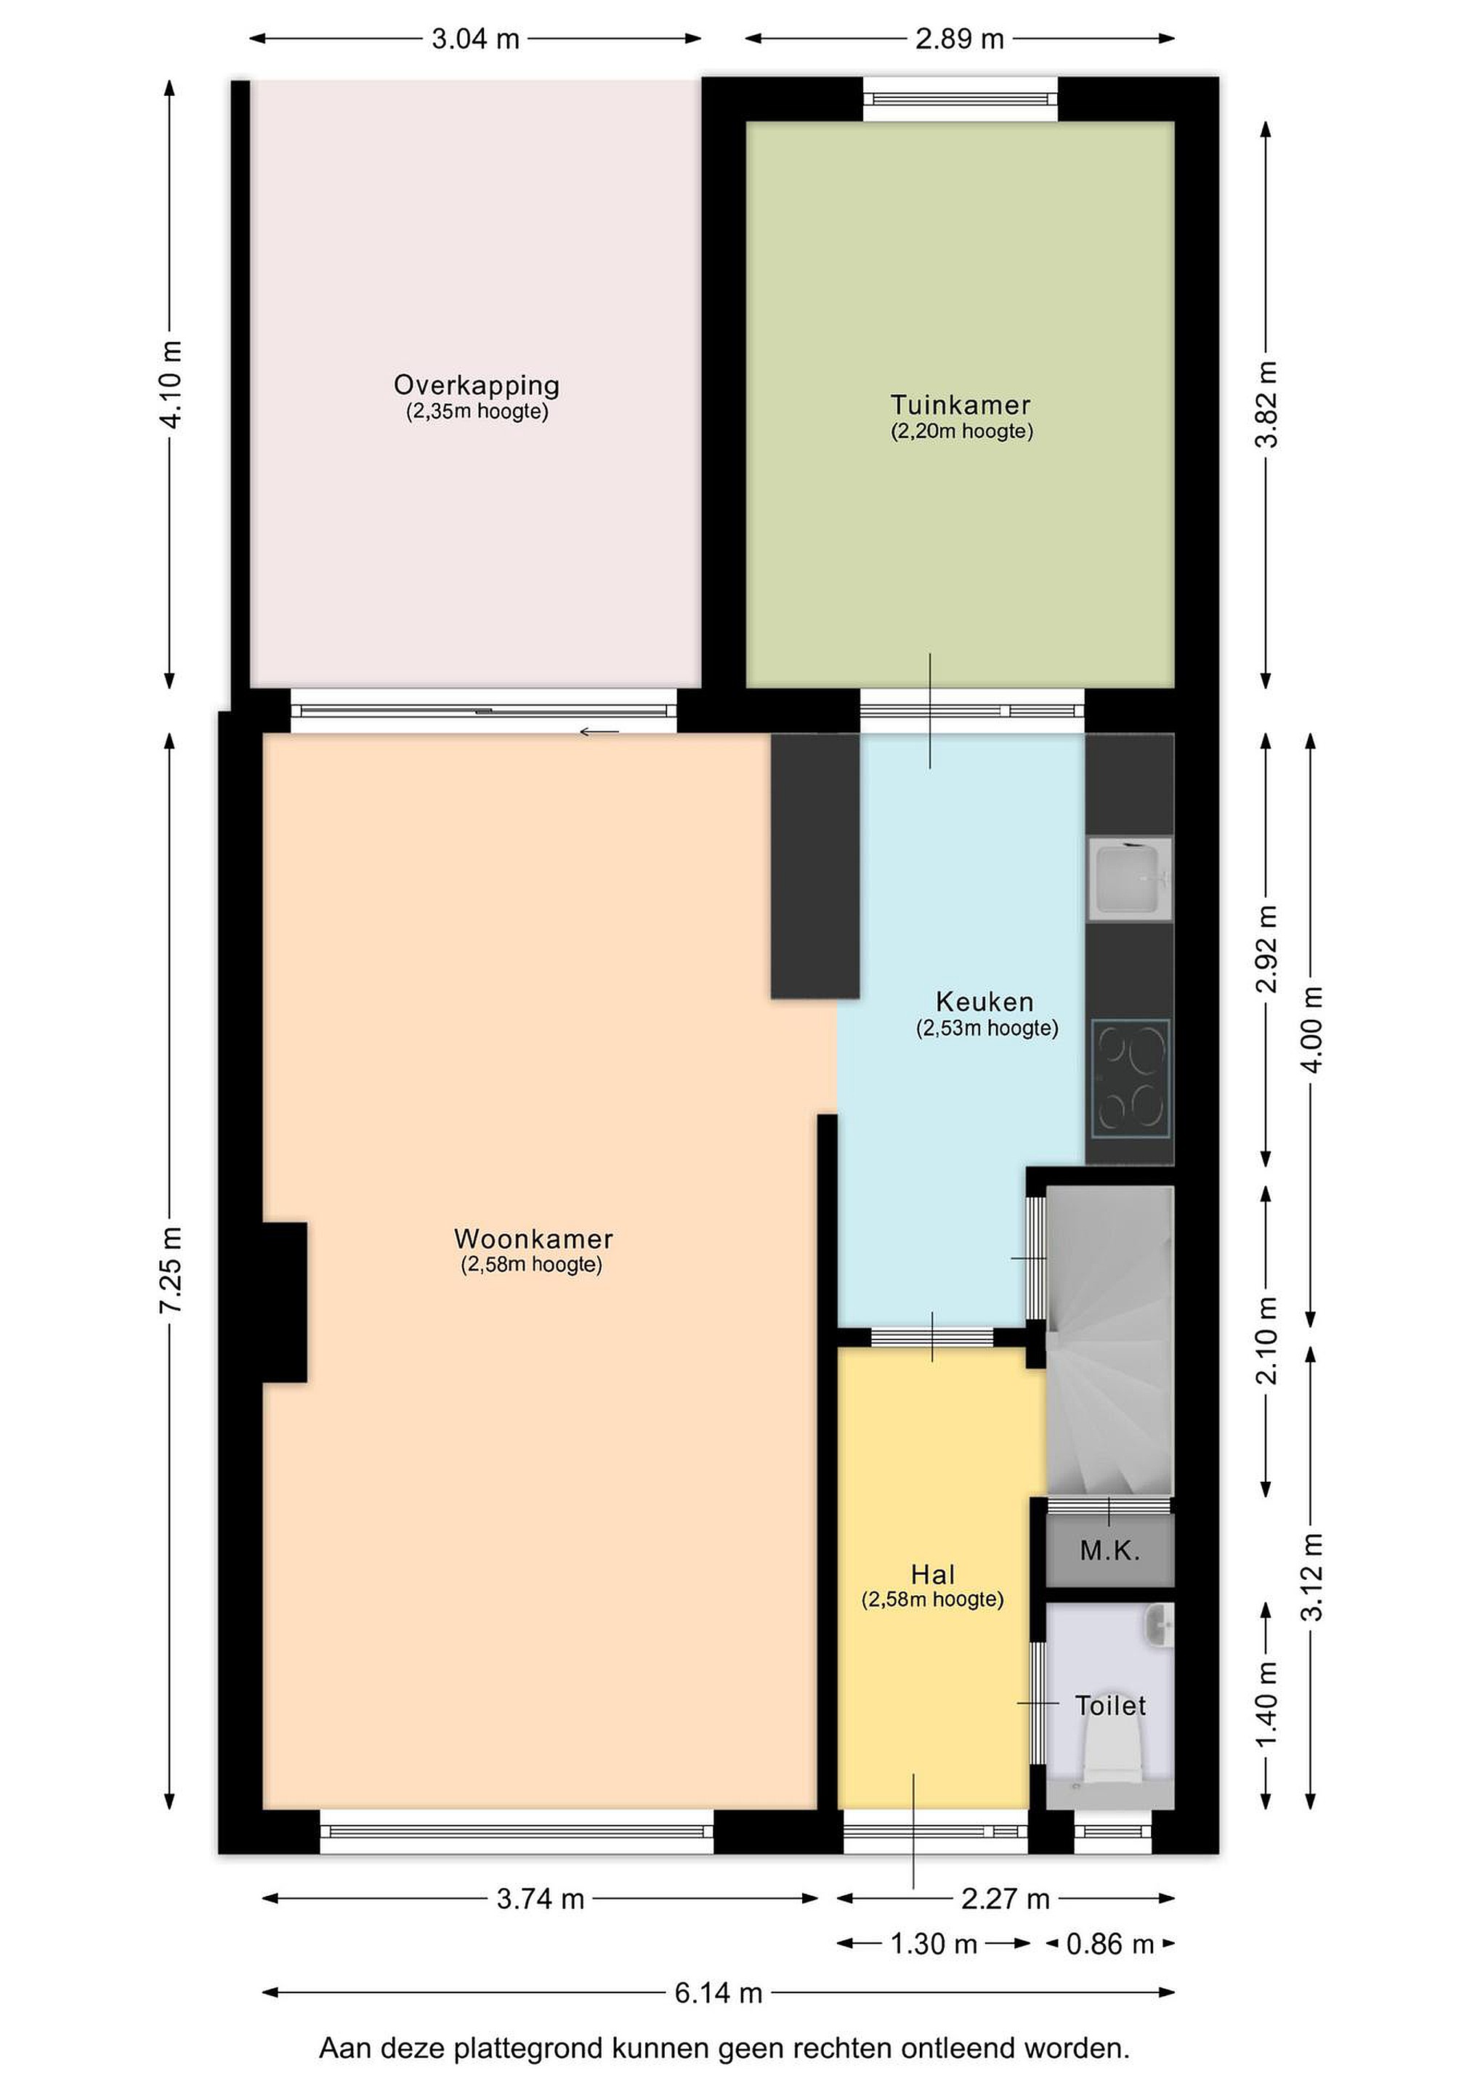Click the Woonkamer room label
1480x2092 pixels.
(533, 1238)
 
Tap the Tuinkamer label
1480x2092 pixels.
(961, 405)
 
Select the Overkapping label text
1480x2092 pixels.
(477, 386)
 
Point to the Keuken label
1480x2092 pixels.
(984, 1002)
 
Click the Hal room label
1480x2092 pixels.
(933, 1575)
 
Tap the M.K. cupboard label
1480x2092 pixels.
(1109, 1550)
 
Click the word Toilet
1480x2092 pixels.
(1110, 1706)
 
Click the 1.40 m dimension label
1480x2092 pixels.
(1266, 1706)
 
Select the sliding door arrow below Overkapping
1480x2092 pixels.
(599, 731)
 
